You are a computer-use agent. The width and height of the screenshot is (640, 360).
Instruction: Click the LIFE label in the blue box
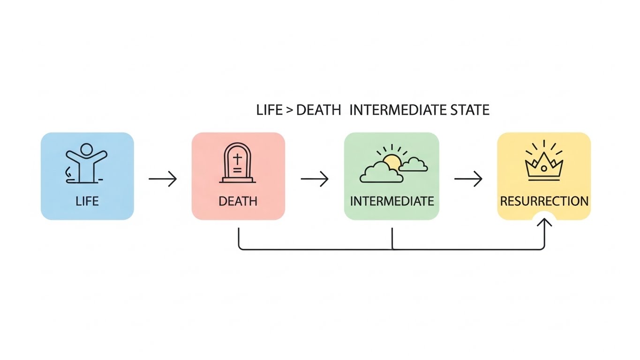(87, 202)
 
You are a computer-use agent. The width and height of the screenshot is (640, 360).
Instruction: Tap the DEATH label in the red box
(238, 202)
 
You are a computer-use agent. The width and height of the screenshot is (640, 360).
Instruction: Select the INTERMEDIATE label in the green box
(392, 202)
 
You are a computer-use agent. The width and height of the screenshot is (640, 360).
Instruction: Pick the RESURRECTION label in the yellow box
(544, 202)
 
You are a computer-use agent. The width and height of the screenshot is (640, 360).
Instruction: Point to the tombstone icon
(237, 164)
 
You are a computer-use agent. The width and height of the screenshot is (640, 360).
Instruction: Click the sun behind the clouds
(392, 162)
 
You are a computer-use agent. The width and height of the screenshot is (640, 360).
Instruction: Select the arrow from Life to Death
(163, 179)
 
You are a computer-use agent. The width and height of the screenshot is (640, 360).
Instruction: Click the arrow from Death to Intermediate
(314, 179)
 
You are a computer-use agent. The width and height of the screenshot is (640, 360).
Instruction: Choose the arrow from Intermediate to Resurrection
(468, 179)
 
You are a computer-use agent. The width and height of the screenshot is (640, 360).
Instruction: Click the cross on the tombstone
(237, 158)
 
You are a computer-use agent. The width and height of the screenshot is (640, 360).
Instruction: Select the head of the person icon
(87, 149)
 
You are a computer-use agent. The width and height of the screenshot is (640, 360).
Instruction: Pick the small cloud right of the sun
(414, 165)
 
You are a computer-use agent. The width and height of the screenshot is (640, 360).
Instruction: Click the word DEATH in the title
(319, 111)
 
